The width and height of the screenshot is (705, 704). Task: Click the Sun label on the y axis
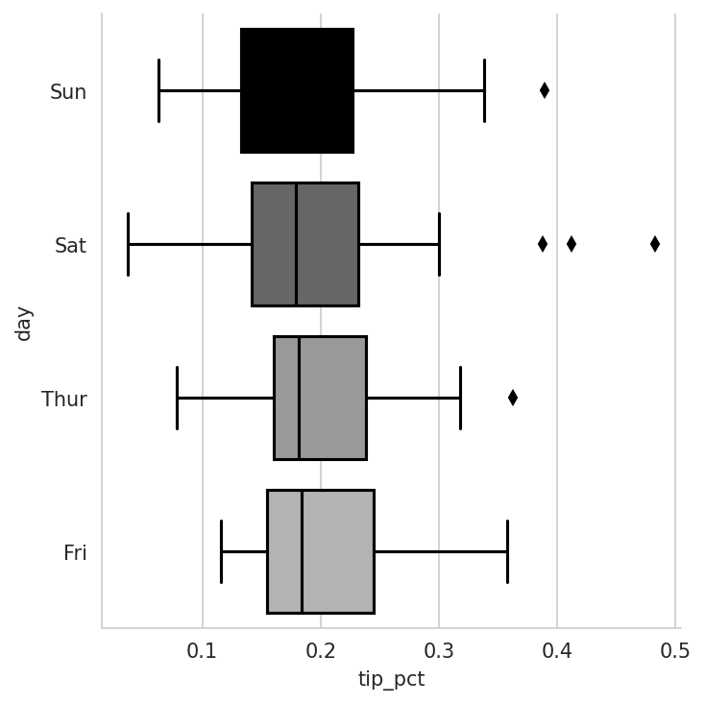coord(68,92)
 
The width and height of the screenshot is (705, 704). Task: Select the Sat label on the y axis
coord(70,246)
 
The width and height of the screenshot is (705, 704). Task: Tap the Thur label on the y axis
coord(64,400)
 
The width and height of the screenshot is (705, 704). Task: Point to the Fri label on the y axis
coord(75,553)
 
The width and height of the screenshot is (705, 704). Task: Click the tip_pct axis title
coord(391,679)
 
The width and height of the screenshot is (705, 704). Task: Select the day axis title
coord(24,323)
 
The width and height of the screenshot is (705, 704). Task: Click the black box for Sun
coord(297,91)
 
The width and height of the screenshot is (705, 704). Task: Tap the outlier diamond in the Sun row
coord(545,90)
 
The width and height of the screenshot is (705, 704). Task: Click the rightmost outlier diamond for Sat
coord(655,244)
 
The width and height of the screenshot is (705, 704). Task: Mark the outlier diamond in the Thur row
coord(513,398)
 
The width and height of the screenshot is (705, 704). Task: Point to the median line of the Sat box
coord(296,244)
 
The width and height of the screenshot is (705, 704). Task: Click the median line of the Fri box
coord(302,551)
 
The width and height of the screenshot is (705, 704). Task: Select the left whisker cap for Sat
coord(128,244)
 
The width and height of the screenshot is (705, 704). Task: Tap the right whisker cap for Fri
coord(507,551)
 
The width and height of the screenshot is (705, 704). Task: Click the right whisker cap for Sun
coord(484,90)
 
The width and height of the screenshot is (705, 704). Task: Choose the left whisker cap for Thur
coord(178,398)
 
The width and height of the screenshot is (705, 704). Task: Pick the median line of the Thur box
coord(299,398)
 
